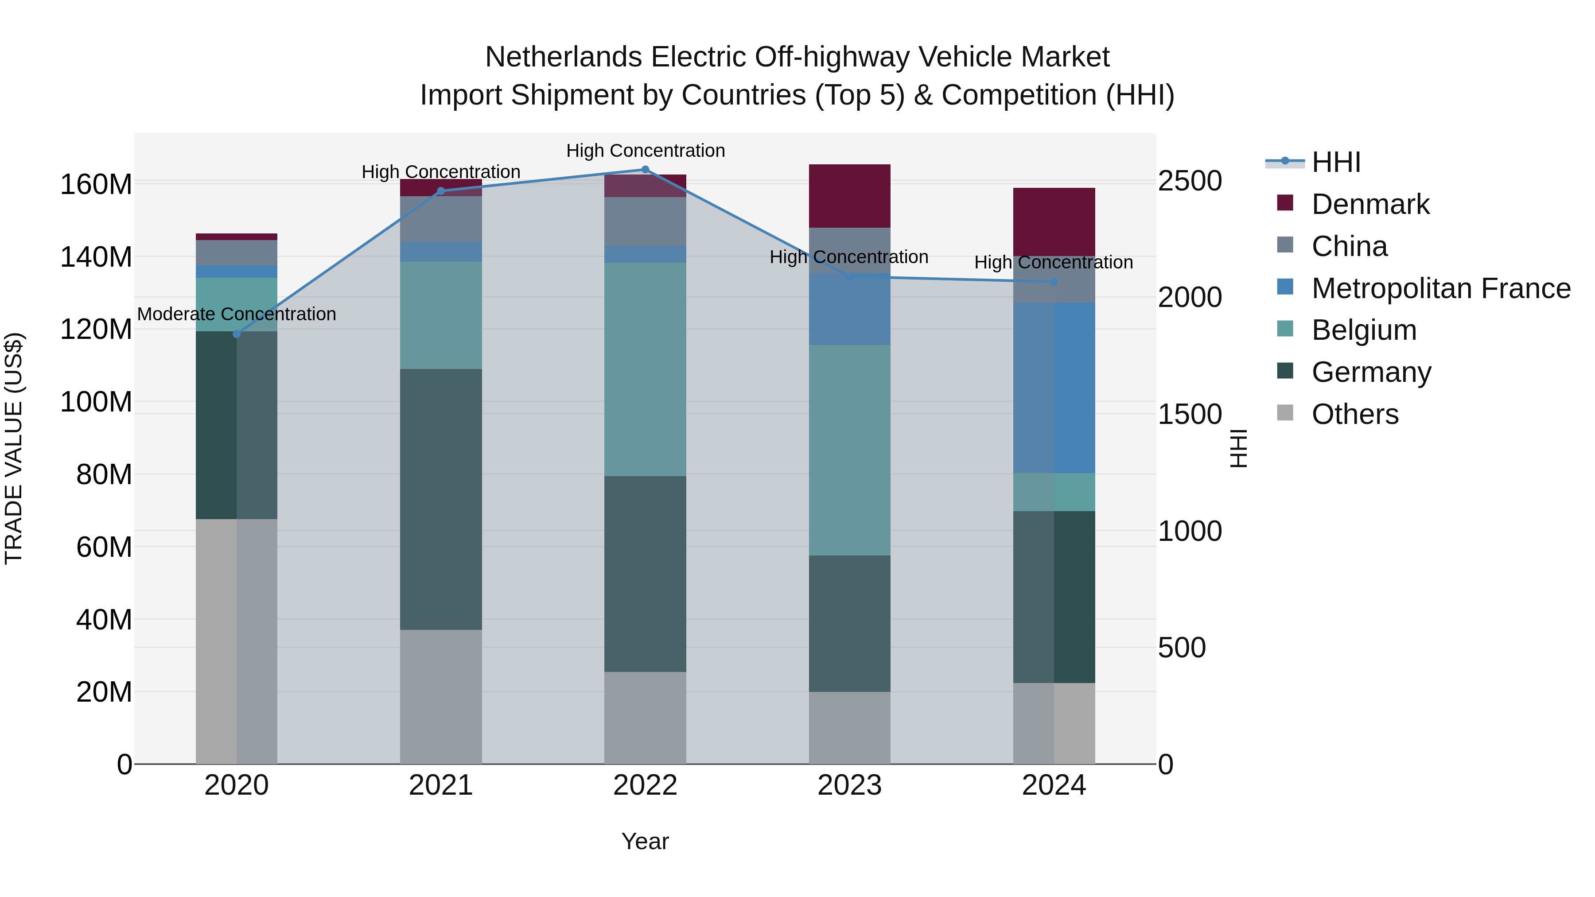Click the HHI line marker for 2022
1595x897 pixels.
[x=645, y=170]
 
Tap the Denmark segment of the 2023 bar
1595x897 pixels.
[x=849, y=196]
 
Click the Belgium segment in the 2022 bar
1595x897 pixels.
[x=645, y=369]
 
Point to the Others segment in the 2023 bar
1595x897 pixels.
[x=849, y=727]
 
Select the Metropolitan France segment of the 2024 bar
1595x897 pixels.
[x=1054, y=388]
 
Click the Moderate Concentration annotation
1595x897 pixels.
[x=237, y=315]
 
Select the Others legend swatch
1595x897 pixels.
[x=1285, y=413]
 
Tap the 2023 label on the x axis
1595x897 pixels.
[x=849, y=785]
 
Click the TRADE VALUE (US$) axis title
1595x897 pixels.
[x=14, y=448]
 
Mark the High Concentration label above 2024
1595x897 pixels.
[x=1054, y=263]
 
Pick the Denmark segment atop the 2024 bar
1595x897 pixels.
[x=1054, y=221]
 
